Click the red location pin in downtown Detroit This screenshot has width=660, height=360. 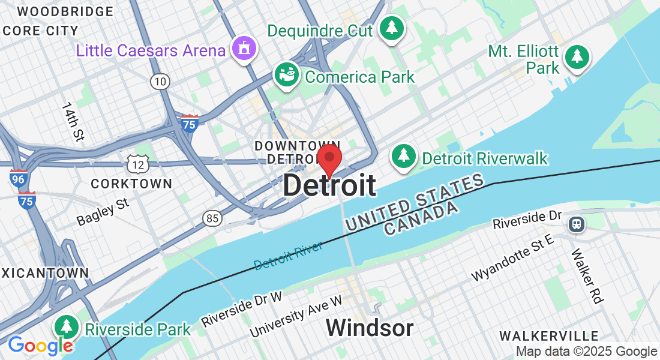pyautogui.click(x=329, y=158)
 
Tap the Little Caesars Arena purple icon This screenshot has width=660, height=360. pyautogui.click(x=244, y=47)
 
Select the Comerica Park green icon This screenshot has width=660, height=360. pyautogui.click(x=287, y=74)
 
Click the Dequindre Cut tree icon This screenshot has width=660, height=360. pyautogui.click(x=391, y=28)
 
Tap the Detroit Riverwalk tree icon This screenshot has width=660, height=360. pyautogui.click(x=404, y=156)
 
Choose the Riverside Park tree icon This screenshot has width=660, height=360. pyautogui.click(x=66, y=327)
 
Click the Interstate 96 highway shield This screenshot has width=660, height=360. pyautogui.click(x=19, y=178)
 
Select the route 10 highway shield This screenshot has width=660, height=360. pyautogui.click(x=160, y=82)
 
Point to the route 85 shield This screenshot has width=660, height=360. pyautogui.click(x=211, y=218)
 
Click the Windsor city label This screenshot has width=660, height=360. pyautogui.click(x=370, y=328)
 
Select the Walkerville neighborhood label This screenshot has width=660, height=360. pyautogui.click(x=549, y=336)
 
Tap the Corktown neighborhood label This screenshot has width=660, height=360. pyautogui.click(x=131, y=183)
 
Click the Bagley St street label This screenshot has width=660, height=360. pyautogui.click(x=103, y=212)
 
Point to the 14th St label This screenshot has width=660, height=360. pyautogui.click(x=71, y=122)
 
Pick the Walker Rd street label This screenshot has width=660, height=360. pyautogui.click(x=586, y=276)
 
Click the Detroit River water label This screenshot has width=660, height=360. pyautogui.click(x=288, y=255)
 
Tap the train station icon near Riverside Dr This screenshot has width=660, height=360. pyautogui.click(x=577, y=224)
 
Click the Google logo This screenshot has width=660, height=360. pyautogui.click(x=40, y=346)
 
